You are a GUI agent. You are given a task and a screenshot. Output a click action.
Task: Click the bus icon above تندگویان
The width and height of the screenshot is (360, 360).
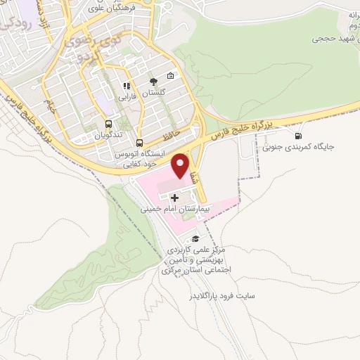coord(108,122)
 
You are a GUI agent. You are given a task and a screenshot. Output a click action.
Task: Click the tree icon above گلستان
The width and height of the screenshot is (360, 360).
coord(153,81)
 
